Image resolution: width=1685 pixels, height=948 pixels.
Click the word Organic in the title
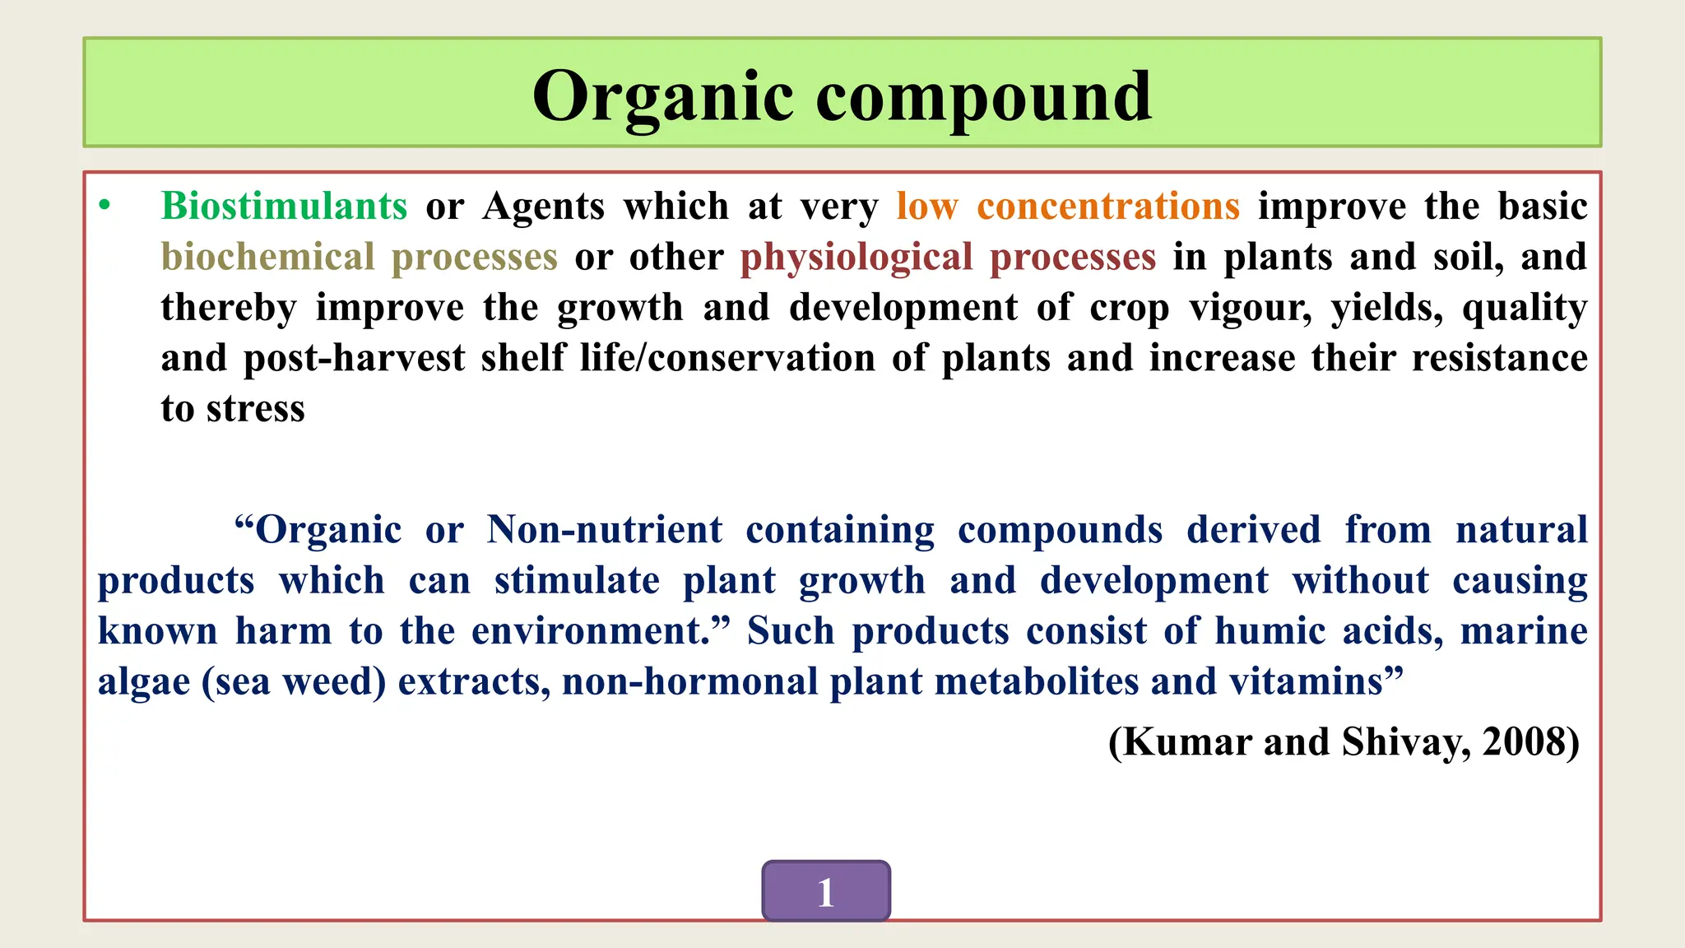point(662,97)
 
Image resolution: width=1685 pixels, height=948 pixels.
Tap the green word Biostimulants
point(284,206)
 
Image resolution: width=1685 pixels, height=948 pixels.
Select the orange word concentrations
point(1107,206)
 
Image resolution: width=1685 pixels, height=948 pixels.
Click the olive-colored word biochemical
point(267,257)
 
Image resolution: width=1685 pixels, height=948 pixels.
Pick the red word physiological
point(856,258)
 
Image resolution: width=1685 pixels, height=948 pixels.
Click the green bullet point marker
point(104,206)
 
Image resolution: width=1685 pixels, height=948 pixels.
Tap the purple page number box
point(825,891)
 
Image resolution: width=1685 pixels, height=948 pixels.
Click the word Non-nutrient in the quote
point(605,530)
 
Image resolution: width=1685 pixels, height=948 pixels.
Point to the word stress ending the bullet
point(255,409)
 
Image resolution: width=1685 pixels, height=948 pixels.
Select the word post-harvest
point(354,359)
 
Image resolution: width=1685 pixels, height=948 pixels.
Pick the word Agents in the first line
point(543,207)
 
